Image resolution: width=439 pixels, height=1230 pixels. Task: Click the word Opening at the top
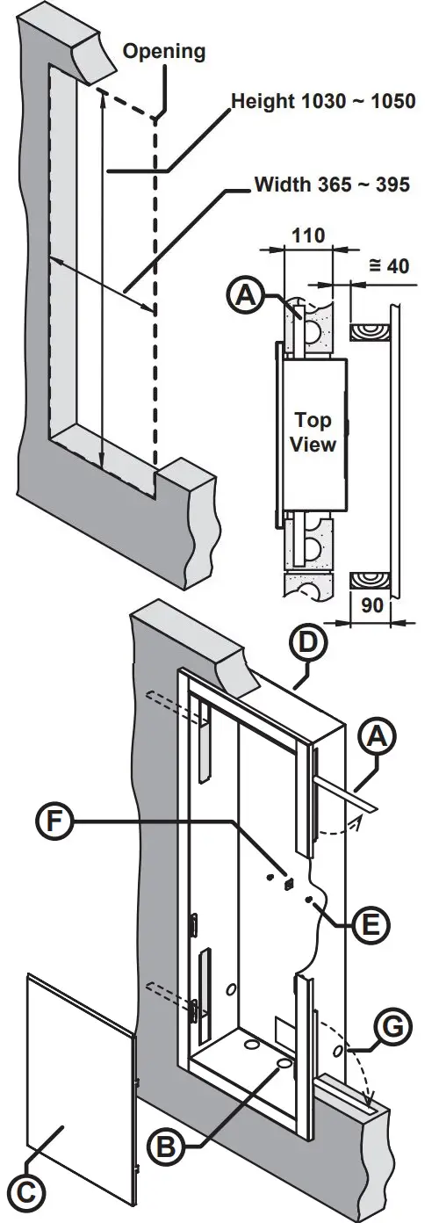163,52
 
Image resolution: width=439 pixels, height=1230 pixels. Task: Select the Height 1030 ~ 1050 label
321,101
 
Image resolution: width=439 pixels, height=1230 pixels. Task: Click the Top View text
313,431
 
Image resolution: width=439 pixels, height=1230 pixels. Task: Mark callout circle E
370,923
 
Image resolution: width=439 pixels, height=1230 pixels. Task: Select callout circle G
392,1024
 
